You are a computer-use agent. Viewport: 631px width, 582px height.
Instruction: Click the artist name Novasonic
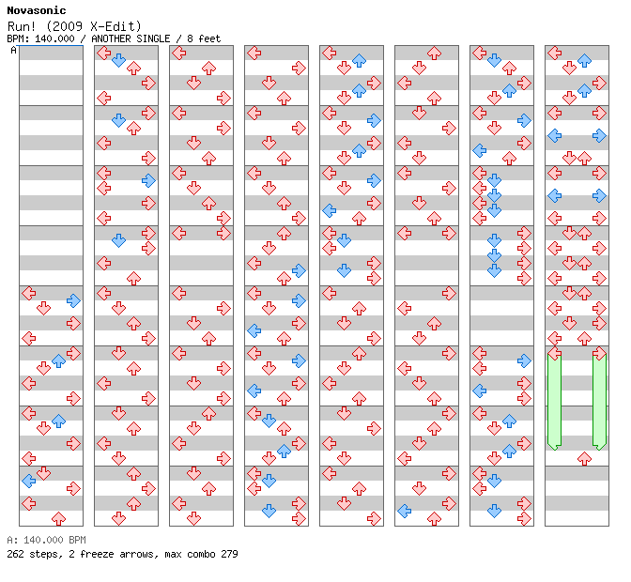(x=37, y=10)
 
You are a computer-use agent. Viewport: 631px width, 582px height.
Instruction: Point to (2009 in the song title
(x=65, y=26)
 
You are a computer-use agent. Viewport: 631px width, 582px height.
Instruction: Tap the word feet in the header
(x=209, y=38)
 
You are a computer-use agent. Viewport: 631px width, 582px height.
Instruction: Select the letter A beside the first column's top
(x=13, y=50)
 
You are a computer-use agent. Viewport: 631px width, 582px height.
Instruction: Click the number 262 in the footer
(x=15, y=554)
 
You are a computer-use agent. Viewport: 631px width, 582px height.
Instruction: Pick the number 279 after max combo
(x=229, y=554)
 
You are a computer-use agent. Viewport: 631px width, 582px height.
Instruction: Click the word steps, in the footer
(x=46, y=554)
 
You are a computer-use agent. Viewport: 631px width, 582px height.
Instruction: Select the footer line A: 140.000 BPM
(x=46, y=540)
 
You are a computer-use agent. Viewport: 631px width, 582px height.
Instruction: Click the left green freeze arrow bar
(x=555, y=401)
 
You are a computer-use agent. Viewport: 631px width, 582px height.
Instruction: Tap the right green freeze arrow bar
(x=600, y=401)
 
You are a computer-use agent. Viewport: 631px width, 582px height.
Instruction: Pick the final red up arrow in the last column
(x=584, y=458)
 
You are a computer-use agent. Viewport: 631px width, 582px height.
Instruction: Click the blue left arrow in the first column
(x=28, y=481)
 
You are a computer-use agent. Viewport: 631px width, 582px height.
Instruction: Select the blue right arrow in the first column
(x=73, y=300)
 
